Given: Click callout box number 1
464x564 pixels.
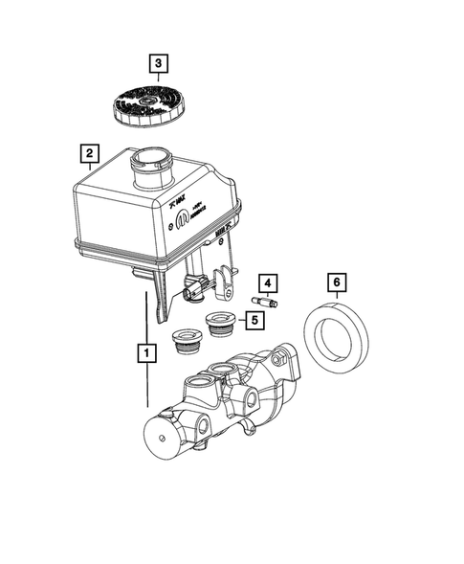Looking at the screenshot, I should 146,352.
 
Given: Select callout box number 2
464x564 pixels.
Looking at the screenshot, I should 88,153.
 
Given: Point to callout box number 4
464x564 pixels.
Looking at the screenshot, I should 268,282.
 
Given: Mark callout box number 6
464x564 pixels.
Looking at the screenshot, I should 335,282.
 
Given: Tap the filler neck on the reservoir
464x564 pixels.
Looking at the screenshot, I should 152,170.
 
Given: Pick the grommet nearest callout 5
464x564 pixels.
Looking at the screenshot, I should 221,325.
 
